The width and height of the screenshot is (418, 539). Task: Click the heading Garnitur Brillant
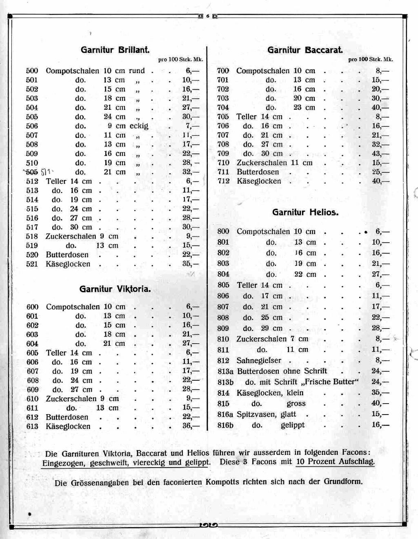click(115, 50)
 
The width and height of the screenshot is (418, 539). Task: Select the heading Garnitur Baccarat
click(305, 50)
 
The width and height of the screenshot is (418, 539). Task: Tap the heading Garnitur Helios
click(305, 212)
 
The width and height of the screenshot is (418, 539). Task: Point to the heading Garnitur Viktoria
click(115, 289)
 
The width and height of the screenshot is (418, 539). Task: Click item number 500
click(32, 71)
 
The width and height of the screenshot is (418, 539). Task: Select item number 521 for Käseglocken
click(32, 264)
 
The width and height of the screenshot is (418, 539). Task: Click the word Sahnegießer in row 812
click(259, 360)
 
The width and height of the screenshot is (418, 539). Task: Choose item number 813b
click(225, 382)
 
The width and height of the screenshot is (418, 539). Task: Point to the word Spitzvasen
click(256, 414)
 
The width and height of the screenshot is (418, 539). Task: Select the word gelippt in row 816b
click(293, 425)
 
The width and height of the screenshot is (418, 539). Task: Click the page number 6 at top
click(207, 16)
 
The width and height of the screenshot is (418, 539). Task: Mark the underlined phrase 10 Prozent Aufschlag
click(335, 462)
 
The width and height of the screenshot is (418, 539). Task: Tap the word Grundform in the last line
click(343, 481)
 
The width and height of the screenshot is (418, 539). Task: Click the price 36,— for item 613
click(191, 426)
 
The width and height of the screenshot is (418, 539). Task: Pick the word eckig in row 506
click(139, 126)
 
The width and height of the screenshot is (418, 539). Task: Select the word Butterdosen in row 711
click(258, 172)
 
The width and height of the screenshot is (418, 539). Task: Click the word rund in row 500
click(137, 71)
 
